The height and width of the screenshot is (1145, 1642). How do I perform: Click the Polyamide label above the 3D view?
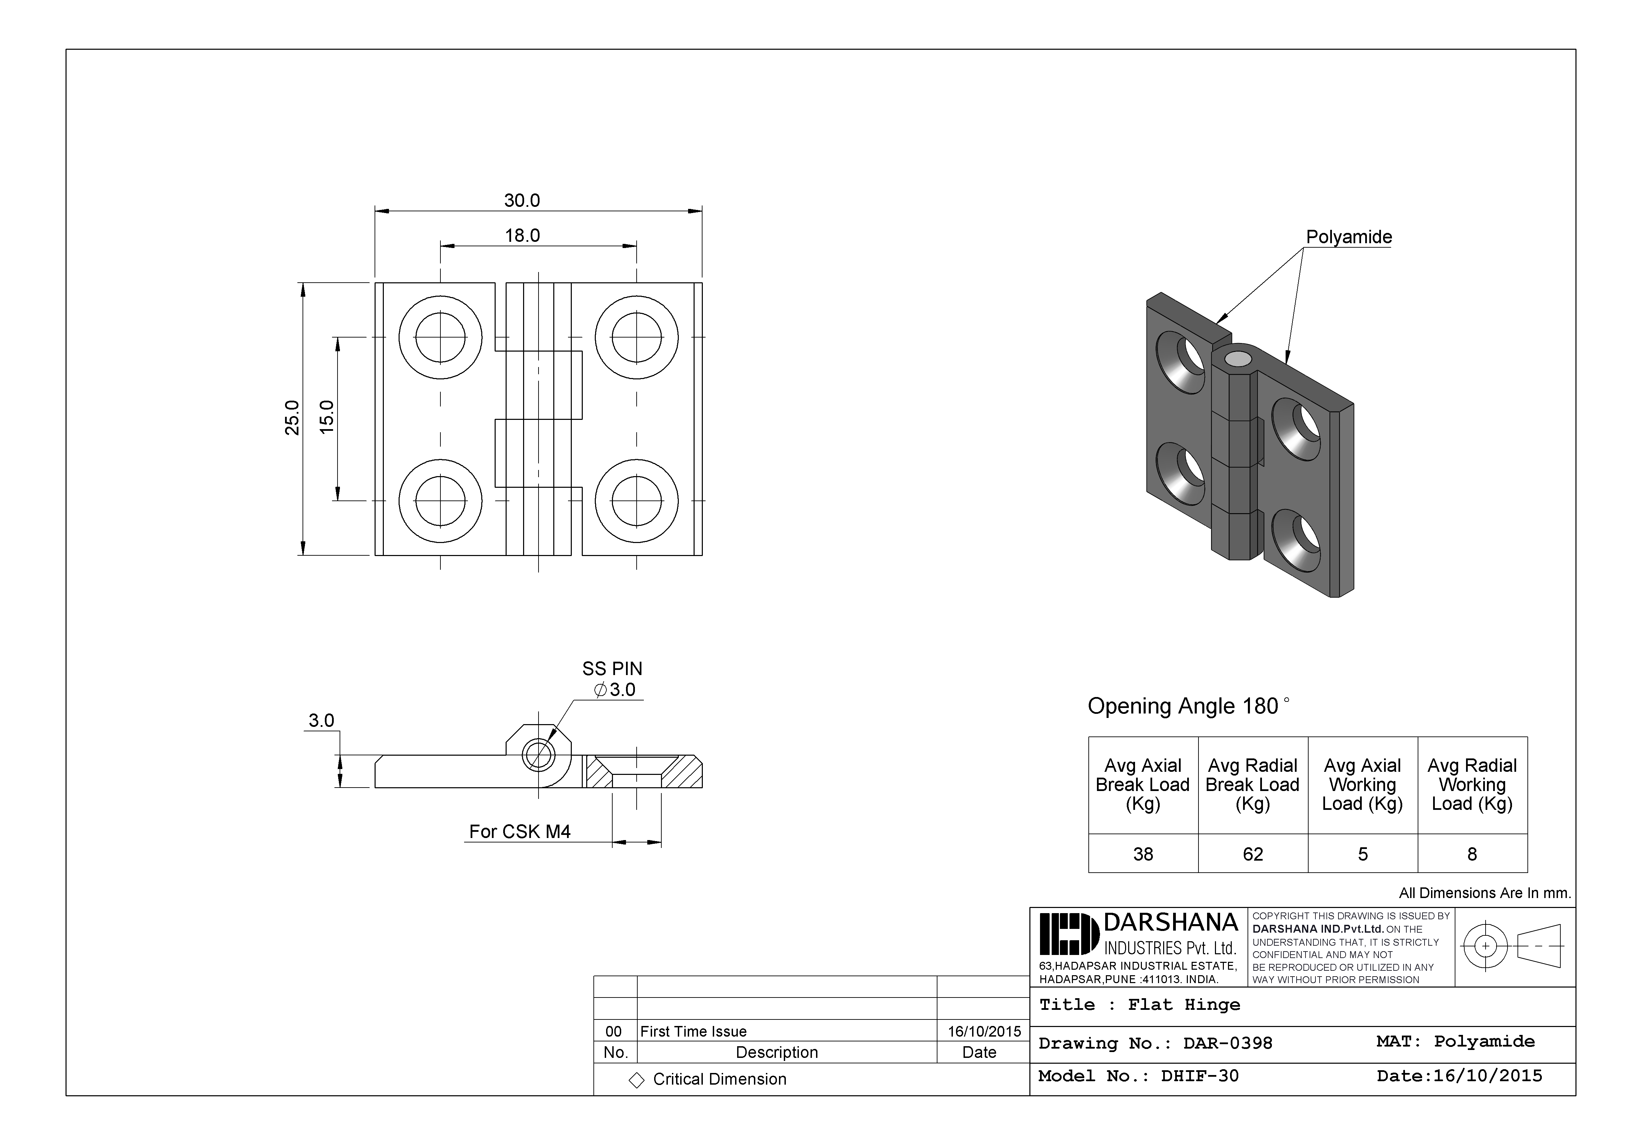(x=1349, y=237)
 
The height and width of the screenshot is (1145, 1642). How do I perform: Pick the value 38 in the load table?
(x=1143, y=854)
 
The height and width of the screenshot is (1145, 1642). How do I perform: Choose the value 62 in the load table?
(x=1253, y=854)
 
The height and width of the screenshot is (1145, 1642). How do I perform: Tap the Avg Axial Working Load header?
(x=1362, y=784)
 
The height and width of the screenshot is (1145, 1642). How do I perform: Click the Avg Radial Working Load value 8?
(x=1472, y=854)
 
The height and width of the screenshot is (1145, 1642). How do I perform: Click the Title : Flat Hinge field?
(x=1139, y=1005)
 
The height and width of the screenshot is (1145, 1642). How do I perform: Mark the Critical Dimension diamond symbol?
(x=636, y=1080)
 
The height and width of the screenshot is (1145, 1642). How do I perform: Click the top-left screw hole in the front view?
(x=440, y=337)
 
